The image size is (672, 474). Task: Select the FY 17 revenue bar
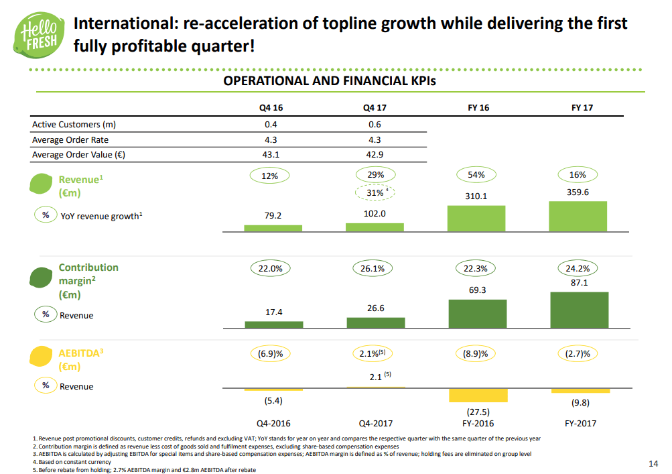coord(578,216)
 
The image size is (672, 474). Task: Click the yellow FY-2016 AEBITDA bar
coord(478,396)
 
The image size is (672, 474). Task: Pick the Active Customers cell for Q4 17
coord(375,124)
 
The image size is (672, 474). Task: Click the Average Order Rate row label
coord(70,139)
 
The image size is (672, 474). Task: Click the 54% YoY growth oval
coord(476,175)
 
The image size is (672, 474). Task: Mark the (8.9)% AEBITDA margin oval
coord(476,353)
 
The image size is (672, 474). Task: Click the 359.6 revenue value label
coord(578,192)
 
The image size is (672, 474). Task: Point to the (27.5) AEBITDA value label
coord(478,412)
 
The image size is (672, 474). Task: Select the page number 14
coord(654,464)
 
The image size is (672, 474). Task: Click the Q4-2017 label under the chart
coord(375,424)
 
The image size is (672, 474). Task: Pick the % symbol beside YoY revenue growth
coord(46,216)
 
